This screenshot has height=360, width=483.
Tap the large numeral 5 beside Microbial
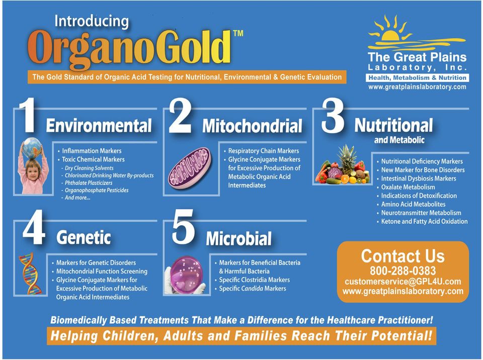pos(183,227)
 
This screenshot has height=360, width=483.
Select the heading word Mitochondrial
pos(252,126)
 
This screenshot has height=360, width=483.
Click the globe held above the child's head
pos(31,148)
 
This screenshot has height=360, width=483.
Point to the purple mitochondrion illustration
pos(190,168)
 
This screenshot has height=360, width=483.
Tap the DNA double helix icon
pos(30,274)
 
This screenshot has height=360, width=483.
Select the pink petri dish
pos(186,275)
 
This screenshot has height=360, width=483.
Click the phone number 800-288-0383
pos(403,271)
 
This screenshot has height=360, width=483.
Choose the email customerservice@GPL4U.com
pos(403,282)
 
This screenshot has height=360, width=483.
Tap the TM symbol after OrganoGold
pos(238,33)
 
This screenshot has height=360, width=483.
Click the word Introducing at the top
pos(92,22)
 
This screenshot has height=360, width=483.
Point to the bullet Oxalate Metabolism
pos(408,187)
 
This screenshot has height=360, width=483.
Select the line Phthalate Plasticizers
pos(89,183)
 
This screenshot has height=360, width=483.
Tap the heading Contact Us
pos(403,255)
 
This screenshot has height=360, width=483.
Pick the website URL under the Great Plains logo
pos(417,87)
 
